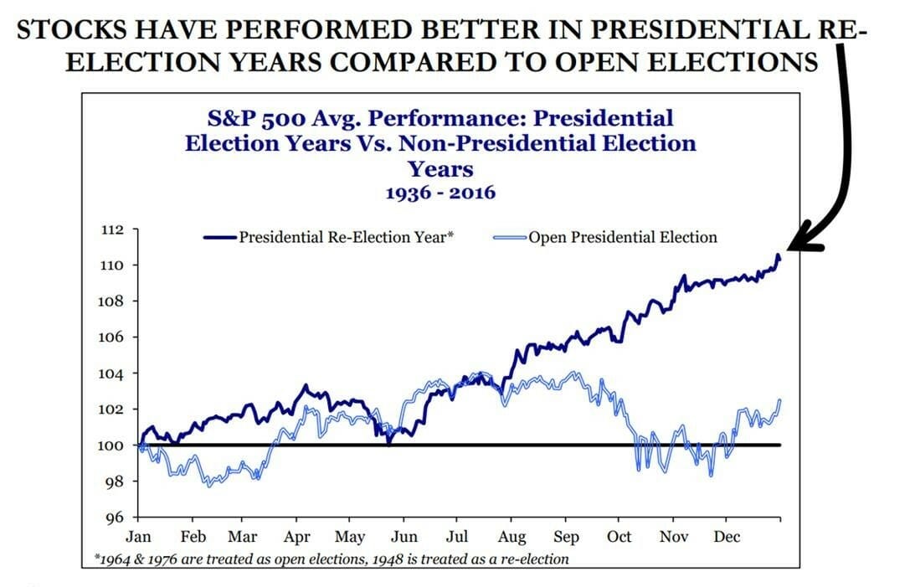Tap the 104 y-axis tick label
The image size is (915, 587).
coord(113,373)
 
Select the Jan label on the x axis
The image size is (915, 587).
coord(138,537)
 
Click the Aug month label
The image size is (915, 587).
coord(511,537)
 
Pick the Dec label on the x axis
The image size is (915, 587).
coord(727,537)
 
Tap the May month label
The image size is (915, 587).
coord(350,537)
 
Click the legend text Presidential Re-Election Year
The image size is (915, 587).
coord(346,237)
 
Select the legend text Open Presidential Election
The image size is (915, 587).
coord(623,237)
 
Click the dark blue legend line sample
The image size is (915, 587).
coord(221,238)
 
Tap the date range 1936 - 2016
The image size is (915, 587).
coord(440,193)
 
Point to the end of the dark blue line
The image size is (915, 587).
coord(779,255)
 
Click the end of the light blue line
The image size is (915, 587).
coord(780,400)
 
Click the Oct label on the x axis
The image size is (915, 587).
coord(620,537)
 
